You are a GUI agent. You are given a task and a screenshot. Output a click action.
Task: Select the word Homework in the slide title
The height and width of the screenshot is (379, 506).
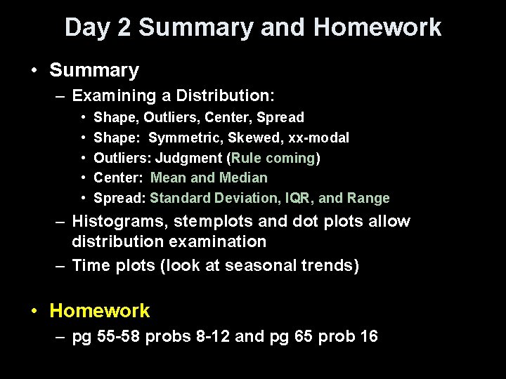[377, 28]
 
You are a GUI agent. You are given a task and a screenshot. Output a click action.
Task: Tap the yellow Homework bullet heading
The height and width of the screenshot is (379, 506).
[100, 310]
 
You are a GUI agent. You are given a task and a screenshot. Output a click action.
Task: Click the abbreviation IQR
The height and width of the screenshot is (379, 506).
[290, 199]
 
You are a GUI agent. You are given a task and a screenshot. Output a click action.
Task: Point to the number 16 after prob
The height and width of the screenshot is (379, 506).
[368, 337]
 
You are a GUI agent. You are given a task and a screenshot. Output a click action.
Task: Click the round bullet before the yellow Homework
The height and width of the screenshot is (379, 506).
[34, 311]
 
